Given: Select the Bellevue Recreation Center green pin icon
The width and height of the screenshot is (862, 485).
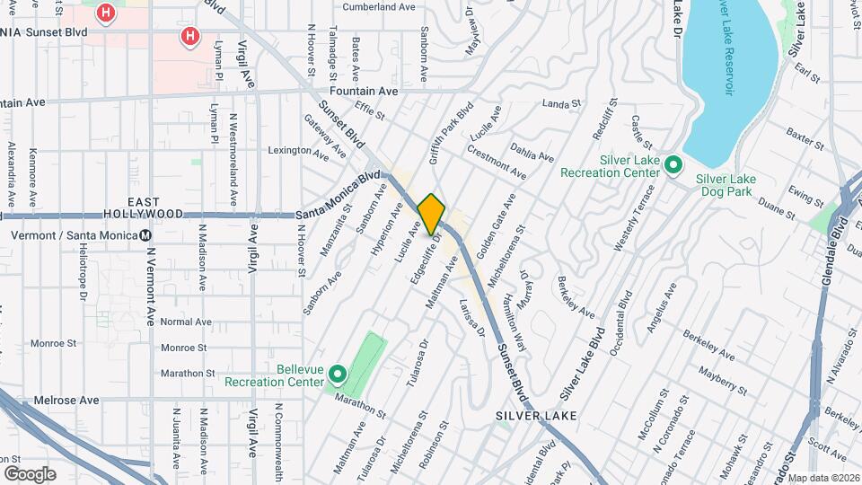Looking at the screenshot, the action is click(338, 374).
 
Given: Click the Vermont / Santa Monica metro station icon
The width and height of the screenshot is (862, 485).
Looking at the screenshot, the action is click(145, 235).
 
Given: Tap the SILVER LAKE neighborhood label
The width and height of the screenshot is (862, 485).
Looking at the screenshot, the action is click(536, 416).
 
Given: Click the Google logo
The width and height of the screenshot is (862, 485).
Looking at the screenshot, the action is click(30, 473).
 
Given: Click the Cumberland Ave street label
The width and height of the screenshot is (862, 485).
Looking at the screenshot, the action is click(379, 6).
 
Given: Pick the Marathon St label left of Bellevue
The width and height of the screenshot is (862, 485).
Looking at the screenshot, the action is click(188, 373).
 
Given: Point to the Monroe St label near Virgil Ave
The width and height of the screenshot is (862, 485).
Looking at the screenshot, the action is click(183, 348).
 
